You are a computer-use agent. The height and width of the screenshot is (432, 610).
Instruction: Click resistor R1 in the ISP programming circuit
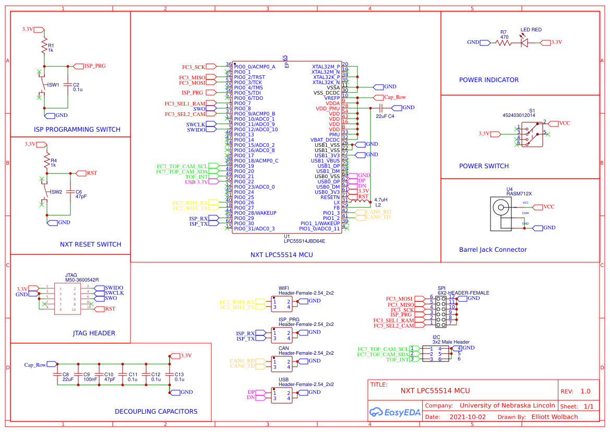click(x=44, y=47)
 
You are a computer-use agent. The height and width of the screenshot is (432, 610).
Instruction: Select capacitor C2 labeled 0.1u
click(x=67, y=86)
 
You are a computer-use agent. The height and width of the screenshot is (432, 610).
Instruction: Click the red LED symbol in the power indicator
click(x=525, y=42)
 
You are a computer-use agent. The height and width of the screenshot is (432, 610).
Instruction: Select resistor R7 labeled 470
click(x=504, y=43)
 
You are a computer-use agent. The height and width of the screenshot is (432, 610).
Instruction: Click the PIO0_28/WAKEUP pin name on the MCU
click(x=255, y=213)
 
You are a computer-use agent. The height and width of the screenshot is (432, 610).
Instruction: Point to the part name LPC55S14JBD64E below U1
click(x=304, y=241)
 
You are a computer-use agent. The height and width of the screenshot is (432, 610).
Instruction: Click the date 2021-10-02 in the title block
click(x=467, y=417)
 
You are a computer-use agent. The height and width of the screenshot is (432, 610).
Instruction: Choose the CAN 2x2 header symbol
click(x=281, y=364)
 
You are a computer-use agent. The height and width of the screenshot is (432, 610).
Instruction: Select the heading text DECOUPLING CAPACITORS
click(x=156, y=412)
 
